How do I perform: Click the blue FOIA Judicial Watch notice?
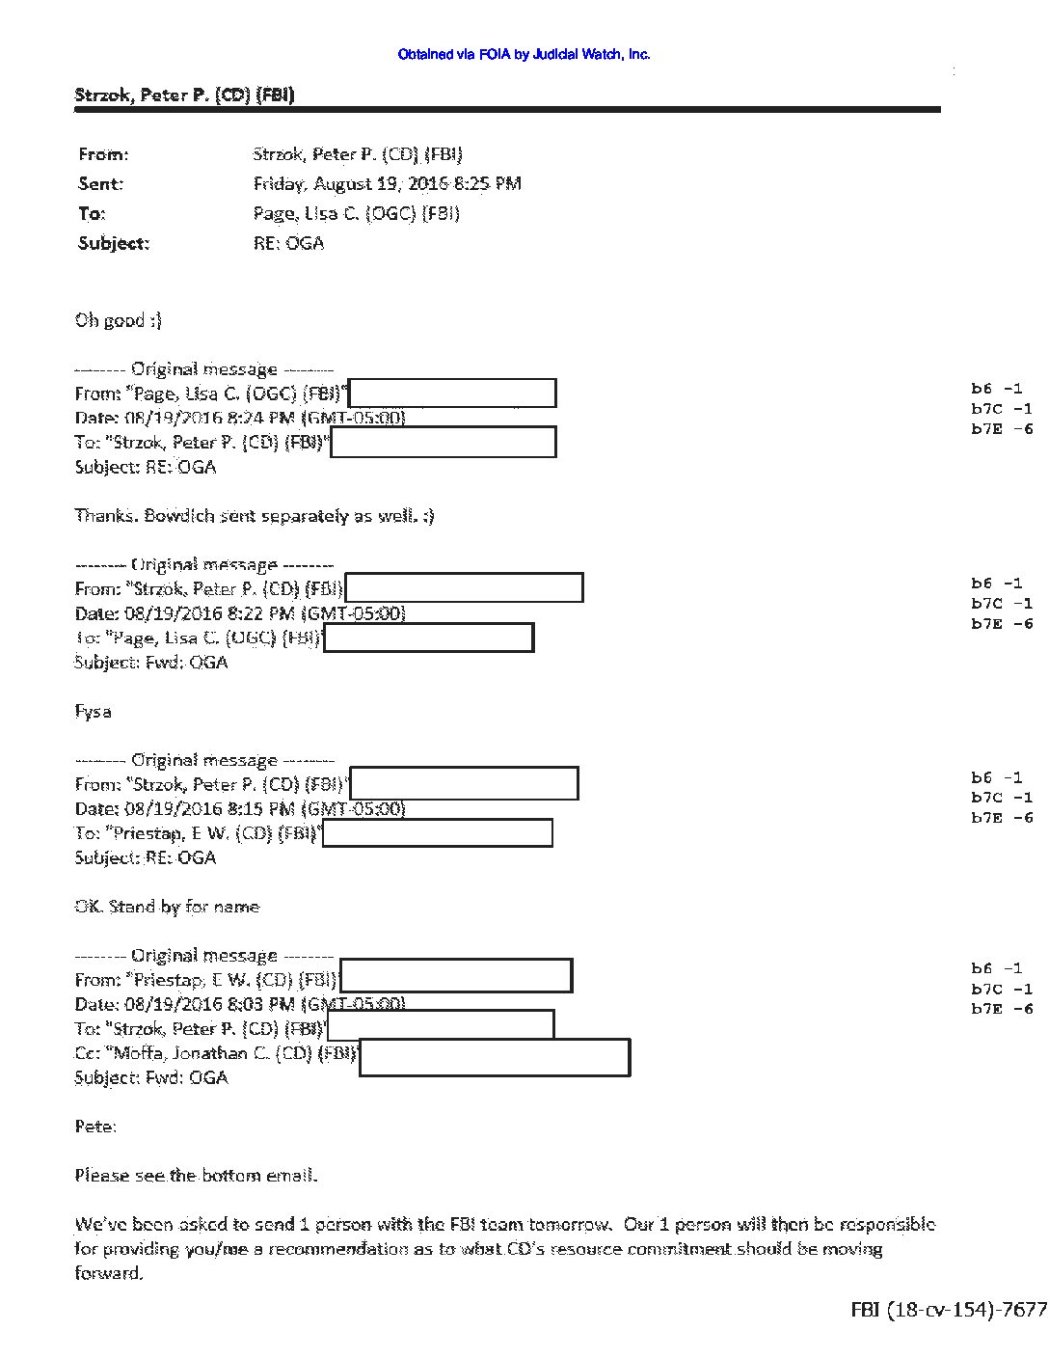(x=524, y=55)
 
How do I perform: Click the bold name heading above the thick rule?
(x=184, y=95)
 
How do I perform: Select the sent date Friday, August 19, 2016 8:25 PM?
(x=387, y=183)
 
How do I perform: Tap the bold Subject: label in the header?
(x=114, y=243)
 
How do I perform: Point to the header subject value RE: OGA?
(x=288, y=243)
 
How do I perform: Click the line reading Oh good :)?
(x=118, y=320)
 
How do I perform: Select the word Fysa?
(x=93, y=712)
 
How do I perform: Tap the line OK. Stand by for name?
(x=167, y=907)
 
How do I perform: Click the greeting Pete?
(x=95, y=1126)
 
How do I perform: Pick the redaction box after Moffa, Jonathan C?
(x=494, y=1057)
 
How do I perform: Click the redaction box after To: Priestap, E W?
(x=437, y=833)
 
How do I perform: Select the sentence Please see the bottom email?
(x=196, y=1175)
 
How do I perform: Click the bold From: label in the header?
(x=103, y=154)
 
